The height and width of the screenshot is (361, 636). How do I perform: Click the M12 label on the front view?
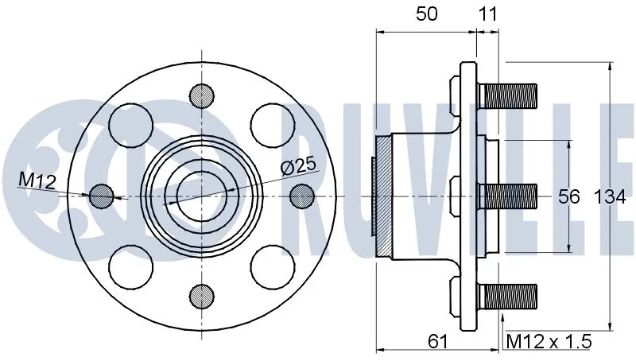pyautogui.click(x=37, y=181)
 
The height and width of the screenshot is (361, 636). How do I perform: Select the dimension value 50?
pyautogui.click(x=427, y=14)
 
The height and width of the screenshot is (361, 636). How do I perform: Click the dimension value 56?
pyautogui.click(x=568, y=196)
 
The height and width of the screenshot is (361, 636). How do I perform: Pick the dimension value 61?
pyautogui.click(x=437, y=342)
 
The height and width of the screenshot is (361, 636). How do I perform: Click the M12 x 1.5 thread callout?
pyautogui.click(x=549, y=342)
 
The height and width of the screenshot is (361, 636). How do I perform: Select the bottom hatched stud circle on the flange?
pyautogui.click(x=201, y=297)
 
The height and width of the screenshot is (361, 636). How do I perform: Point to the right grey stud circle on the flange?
pyautogui.click(x=302, y=196)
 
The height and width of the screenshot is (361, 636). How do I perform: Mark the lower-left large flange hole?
pyautogui.click(x=130, y=267)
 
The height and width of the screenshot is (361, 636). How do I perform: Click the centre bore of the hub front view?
pyautogui.click(x=201, y=196)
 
